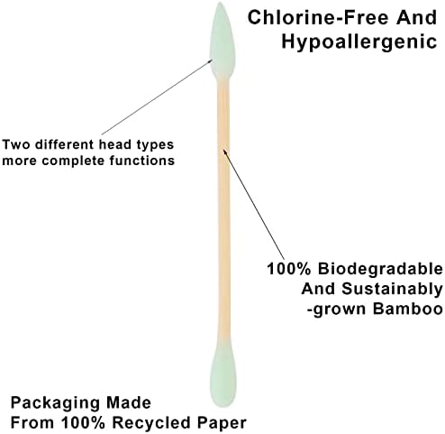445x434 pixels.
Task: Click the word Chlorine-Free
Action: pyautogui.click(x=318, y=17)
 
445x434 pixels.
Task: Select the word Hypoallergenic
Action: pyautogui.click(x=359, y=42)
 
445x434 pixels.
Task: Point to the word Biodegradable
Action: pyautogui.click(x=380, y=269)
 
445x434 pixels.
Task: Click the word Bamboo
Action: pyautogui.click(x=407, y=309)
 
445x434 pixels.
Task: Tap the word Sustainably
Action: pyautogui.click(x=392, y=289)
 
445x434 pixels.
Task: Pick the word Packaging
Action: pyautogui.click(x=56, y=403)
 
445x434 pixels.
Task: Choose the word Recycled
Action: pyautogui.click(x=152, y=422)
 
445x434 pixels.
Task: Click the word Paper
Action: pyautogui.click(x=222, y=423)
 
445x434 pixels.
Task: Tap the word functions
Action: pyautogui.click(x=141, y=161)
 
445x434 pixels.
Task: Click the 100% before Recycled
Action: pyautogui.click(x=84, y=422)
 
